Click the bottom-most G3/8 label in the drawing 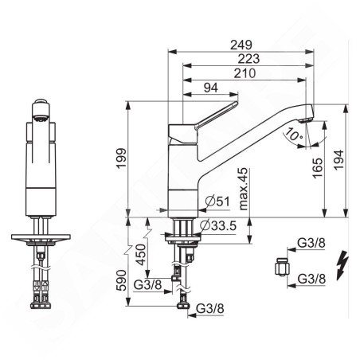click(x=209, y=307)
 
